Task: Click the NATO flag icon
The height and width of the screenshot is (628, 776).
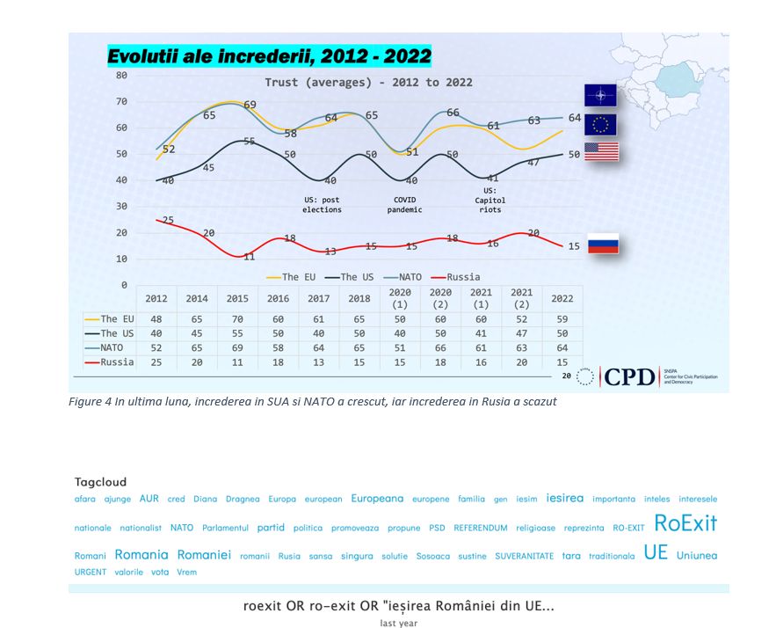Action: coord(601,96)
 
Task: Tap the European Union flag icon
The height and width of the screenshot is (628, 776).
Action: coord(601,124)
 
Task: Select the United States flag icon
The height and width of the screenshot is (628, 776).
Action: coord(601,151)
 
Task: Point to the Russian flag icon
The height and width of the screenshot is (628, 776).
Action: coord(603,244)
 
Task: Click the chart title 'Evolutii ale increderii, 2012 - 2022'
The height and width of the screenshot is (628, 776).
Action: coord(269,57)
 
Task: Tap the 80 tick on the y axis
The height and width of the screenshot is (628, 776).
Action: coord(121,76)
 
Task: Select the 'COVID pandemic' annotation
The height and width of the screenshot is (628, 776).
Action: coord(405,205)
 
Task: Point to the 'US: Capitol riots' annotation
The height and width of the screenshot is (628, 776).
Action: coord(490,200)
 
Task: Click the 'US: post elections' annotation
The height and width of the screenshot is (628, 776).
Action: coord(321,205)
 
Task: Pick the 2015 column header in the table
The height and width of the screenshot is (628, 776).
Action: coord(237,299)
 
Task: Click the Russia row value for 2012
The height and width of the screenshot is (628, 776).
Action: coord(156,361)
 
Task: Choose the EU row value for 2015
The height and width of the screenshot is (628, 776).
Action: coord(237,319)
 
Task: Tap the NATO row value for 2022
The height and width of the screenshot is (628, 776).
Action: coord(562,347)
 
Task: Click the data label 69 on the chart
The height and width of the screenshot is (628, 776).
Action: coord(250,106)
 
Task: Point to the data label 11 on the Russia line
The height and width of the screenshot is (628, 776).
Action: coord(249,257)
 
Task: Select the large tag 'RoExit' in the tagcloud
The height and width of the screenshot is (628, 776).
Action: coord(685,524)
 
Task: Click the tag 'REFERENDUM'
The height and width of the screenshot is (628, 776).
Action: coord(481,529)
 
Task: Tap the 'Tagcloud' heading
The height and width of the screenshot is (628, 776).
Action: coord(100,482)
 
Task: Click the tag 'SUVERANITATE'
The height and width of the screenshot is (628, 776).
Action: coord(524,556)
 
